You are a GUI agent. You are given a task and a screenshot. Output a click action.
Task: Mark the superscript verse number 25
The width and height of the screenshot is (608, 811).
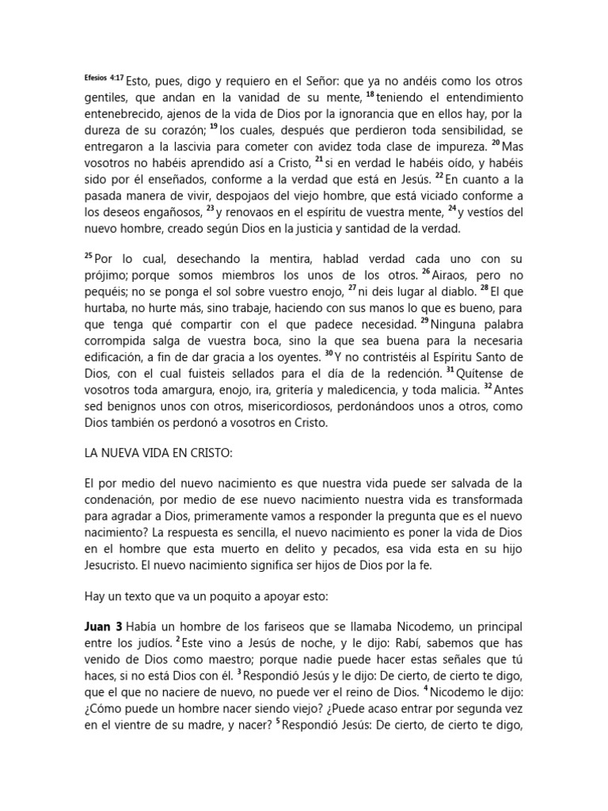[x=88, y=256]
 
